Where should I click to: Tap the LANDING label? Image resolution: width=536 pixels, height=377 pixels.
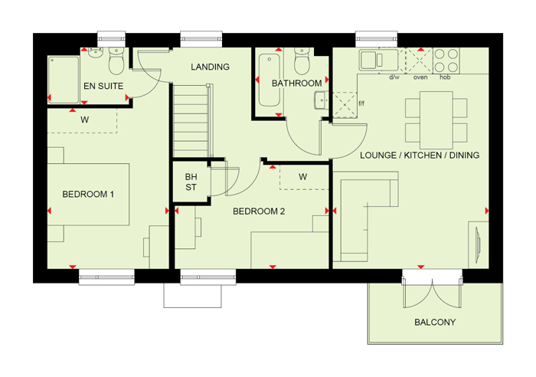(211, 67)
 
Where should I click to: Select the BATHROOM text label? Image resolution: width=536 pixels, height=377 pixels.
(296, 84)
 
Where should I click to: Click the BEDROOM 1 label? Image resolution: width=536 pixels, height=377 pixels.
(88, 195)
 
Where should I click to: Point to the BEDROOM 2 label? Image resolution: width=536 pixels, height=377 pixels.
(259, 211)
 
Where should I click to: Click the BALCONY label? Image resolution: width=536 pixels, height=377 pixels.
(434, 323)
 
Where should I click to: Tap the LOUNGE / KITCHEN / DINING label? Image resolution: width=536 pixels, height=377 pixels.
(420, 156)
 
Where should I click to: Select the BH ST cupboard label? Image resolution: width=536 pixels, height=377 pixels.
(191, 183)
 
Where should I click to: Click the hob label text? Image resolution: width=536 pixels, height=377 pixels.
(445, 77)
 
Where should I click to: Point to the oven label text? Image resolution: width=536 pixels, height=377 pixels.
(420, 77)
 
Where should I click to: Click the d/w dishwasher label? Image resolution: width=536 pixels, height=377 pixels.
(395, 77)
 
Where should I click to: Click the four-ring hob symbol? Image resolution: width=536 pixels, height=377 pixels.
(446, 60)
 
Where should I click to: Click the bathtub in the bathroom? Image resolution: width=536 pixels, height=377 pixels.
(268, 80)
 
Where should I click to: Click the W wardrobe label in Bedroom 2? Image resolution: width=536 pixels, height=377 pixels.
(303, 177)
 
